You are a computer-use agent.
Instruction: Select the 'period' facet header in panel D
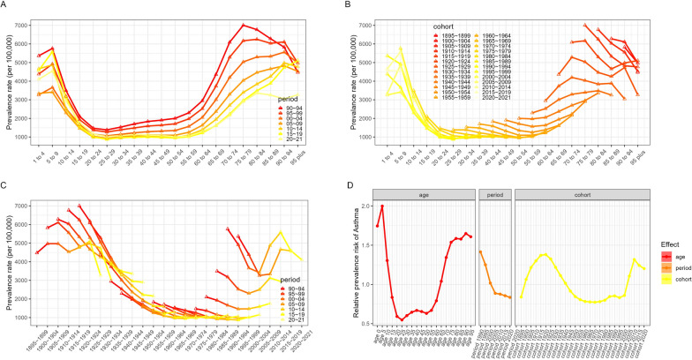click(493, 193)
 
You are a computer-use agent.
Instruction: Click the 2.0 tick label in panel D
click(365, 206)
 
